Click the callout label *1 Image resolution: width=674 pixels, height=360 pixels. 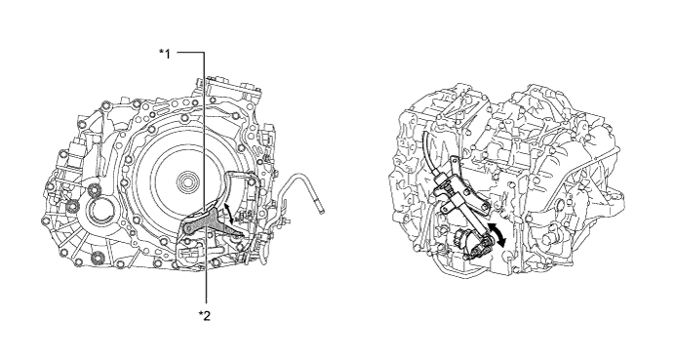(165, 54)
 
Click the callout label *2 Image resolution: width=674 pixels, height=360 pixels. (205, 316)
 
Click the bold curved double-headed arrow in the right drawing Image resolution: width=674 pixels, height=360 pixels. (497, 235)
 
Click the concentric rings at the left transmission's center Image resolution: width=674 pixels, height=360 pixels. (187, 180)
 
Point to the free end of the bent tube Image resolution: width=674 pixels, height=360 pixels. (323, 211)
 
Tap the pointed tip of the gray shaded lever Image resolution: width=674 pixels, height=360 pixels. (243, 235)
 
